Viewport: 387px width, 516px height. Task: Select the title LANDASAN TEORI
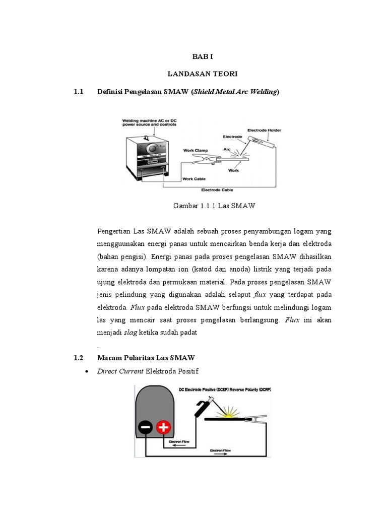(202, 74)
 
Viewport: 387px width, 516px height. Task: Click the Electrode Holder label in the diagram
(264, 130)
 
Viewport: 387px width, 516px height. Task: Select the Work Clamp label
(195, 150)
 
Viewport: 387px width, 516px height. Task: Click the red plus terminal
(163, 428)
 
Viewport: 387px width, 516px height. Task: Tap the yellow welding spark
(230, 413)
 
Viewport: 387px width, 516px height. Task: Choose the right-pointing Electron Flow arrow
(221, 453)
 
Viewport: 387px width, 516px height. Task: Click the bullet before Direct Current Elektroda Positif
(88, 371)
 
